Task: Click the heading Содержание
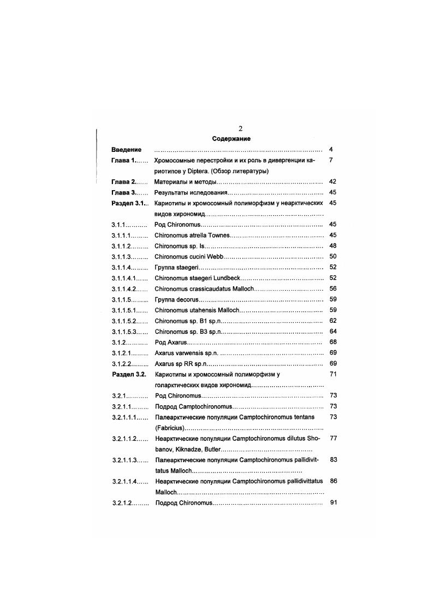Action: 231,139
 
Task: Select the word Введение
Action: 126,150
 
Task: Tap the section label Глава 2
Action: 124,182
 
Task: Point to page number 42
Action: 333,182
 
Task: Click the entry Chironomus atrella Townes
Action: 192,235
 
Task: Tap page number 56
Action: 333,288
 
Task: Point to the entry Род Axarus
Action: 171,343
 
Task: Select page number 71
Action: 333,374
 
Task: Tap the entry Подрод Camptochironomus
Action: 194,406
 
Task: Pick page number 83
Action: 333,460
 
